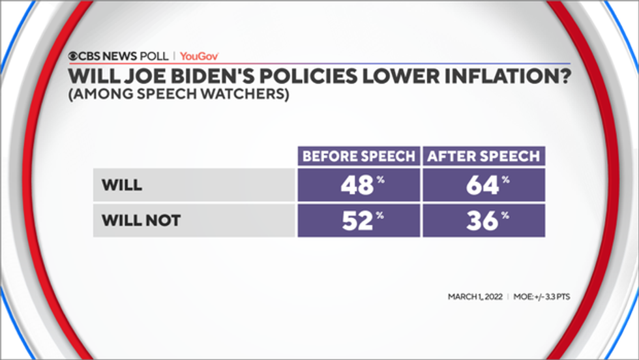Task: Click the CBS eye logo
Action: pos(76,56)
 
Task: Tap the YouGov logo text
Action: pos(199,56)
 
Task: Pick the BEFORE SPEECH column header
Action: pos(359,157)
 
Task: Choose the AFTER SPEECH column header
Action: pos(484,157)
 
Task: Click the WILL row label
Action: pos(121,185)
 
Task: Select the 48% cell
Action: pos(359,185)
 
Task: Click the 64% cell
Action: pos(484,185)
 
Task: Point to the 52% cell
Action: pos(359,220)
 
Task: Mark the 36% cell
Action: pos(484,220)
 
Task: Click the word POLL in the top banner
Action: pos(154,56)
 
